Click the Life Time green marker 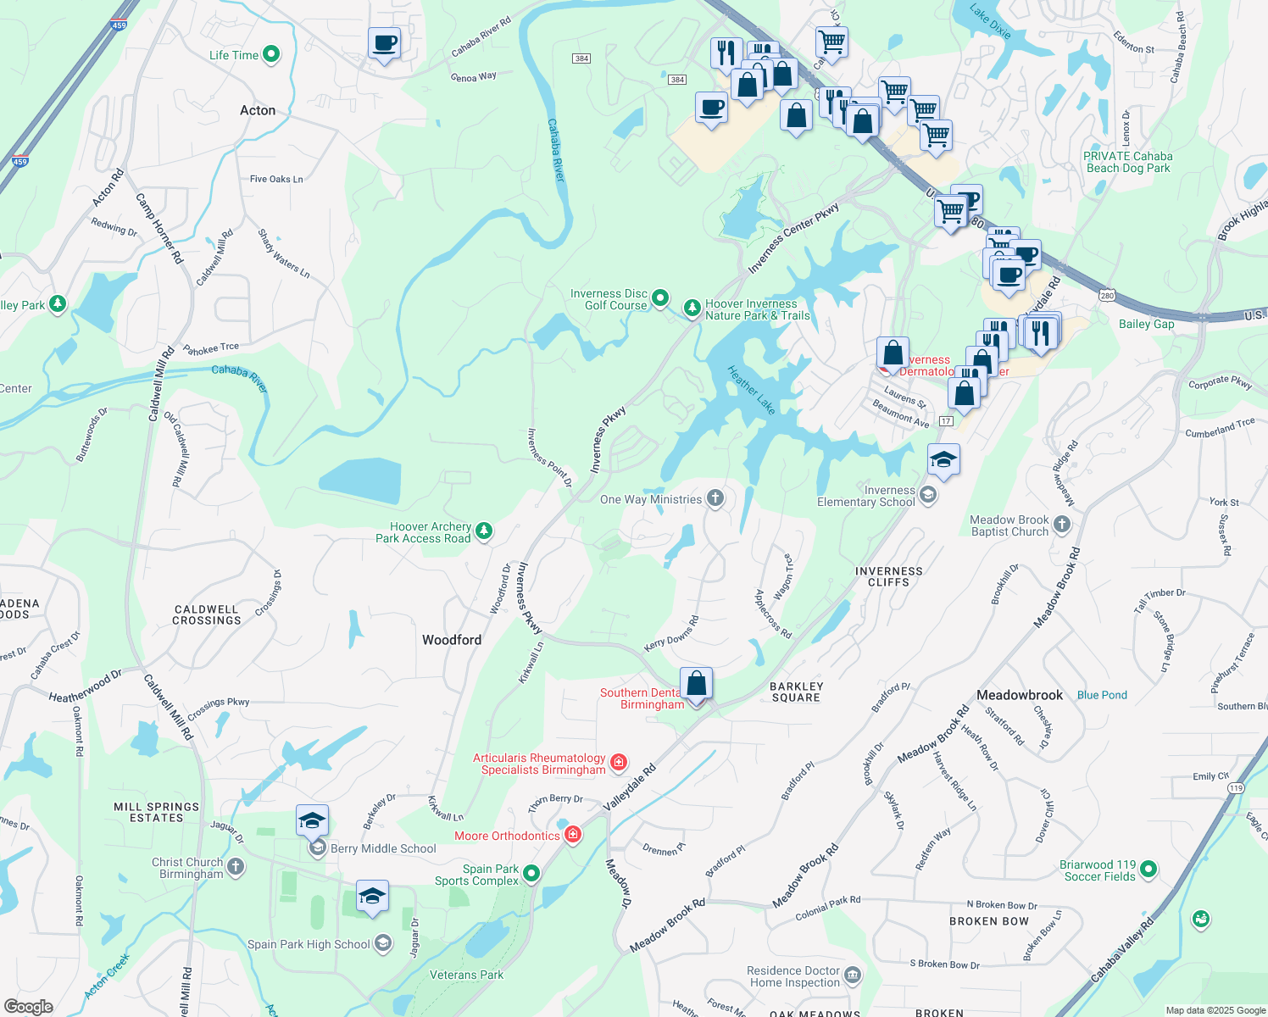(x=271, y=55)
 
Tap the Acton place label (x=258, y=110)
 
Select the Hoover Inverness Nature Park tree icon (x=692, y=308)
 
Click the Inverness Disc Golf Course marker (x=660, y=298)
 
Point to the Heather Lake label (x=752, y=390)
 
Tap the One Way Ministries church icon (x=715, y=498)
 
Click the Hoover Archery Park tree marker (x=484, y=531)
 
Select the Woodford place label (x=452, y=640)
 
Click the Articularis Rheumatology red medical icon (x=619, y=763)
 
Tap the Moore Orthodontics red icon (x=573, y=835)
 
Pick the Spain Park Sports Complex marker (x=531, y=874)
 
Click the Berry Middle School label (x=383, y=848)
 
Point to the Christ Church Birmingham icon (x=236, y=867)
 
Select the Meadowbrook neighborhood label (x=1019, y=695)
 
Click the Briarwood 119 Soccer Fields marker (x=1148, y=869)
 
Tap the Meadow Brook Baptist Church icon (x=1062, y=525)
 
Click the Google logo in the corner (x=28, y=1007)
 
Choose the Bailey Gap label (x=1146, y=324)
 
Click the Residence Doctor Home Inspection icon (x=853, y=976)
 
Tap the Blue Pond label (x=1102, y=695)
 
